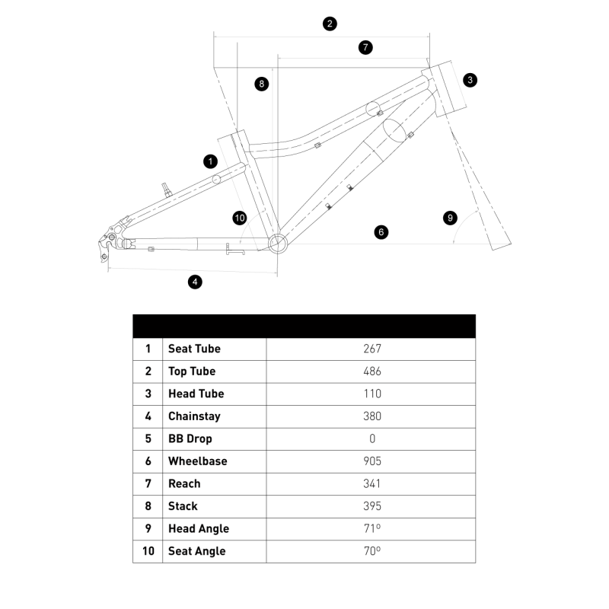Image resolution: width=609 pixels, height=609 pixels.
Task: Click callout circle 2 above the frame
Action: click(330, 24)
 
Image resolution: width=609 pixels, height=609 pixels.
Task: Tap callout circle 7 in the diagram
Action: click(366, 47)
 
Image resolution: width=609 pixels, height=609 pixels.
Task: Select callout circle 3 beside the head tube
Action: click(470, 80)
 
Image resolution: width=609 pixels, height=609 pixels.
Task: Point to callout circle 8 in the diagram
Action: click(262, 84)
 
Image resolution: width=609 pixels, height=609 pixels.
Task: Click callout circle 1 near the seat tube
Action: click(211, 161)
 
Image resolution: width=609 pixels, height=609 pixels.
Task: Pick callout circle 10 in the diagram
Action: click(240, 218)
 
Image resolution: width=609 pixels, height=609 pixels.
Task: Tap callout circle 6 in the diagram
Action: click(381, 231)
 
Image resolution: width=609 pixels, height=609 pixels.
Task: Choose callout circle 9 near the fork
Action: click(451, 218)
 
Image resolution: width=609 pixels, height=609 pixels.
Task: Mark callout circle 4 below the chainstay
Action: click(196, 282)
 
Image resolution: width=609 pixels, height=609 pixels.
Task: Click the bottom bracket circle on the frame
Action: click(278, 243)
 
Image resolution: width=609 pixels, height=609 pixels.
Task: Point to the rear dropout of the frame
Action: click(110, 241)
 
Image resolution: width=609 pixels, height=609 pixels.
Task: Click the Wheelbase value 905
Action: click(372, 461)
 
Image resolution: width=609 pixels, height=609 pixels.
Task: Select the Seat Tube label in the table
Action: click(194, 349)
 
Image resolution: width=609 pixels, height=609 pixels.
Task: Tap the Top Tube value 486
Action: click(372, 371)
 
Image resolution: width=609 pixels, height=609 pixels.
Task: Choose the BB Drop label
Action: click(190, 438)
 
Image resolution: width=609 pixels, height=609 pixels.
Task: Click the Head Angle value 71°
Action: click(372, 528)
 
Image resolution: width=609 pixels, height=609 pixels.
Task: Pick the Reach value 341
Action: click(372, 483)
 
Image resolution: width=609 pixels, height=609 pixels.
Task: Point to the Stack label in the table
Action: click(183, 506)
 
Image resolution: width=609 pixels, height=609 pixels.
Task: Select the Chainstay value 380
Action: click(372, 416)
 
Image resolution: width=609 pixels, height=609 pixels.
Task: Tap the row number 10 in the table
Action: click(148, 551)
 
